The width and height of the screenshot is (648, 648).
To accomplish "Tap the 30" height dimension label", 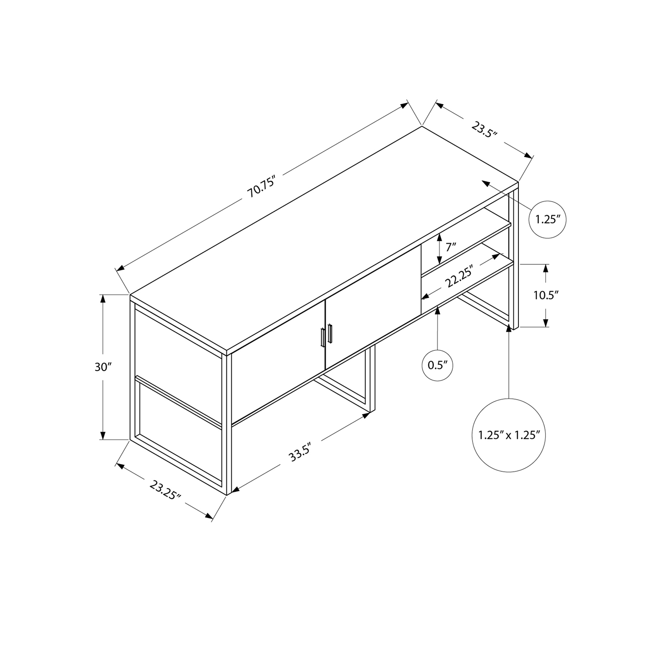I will (103, 367).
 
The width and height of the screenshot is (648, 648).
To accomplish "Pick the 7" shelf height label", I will (451, 248).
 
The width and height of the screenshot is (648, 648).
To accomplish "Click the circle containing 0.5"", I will (438, 365).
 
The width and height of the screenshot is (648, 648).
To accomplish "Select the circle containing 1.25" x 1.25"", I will (509, 435).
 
